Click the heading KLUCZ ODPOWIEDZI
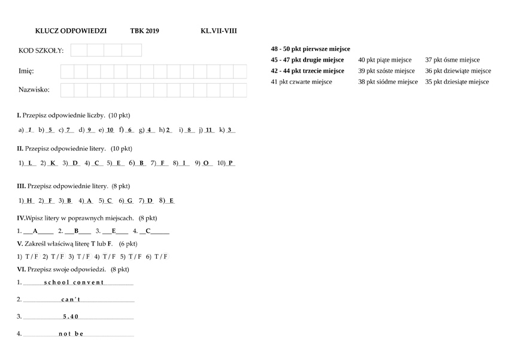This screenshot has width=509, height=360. (71, 31)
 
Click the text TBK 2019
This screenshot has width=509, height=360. (144, 31)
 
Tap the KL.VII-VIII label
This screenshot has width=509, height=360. (219, 31)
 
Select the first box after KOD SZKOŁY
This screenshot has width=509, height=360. (79, 50)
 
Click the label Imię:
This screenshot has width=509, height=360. (26, 71)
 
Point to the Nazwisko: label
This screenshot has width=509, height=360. (34, 90)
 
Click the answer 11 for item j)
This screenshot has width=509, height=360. (209, 129)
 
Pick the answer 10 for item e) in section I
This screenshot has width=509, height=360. (110, 129)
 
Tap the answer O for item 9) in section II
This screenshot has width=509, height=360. (206, 163)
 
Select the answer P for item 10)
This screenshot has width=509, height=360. (231, 163)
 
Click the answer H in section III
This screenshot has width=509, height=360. (30, 201)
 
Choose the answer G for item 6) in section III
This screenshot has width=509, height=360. (129, 201)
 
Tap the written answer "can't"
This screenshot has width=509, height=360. (71, 300)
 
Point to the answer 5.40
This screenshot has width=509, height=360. (71, 316)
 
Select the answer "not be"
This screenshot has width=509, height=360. (71, 334)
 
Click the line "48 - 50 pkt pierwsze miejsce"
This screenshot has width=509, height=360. (310, 49)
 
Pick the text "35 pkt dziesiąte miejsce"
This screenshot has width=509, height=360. (457, 81)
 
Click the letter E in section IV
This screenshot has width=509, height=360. (114, 231)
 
